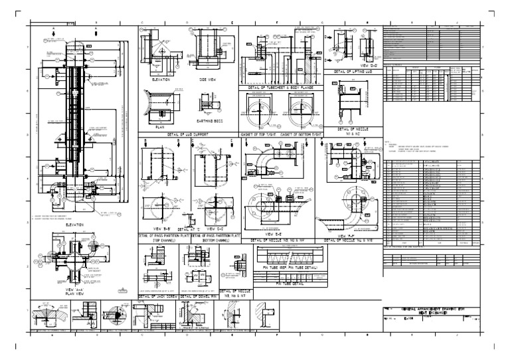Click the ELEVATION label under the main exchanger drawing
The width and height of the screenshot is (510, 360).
coord(74,225)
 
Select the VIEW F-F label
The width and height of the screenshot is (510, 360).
coord(348,234)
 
